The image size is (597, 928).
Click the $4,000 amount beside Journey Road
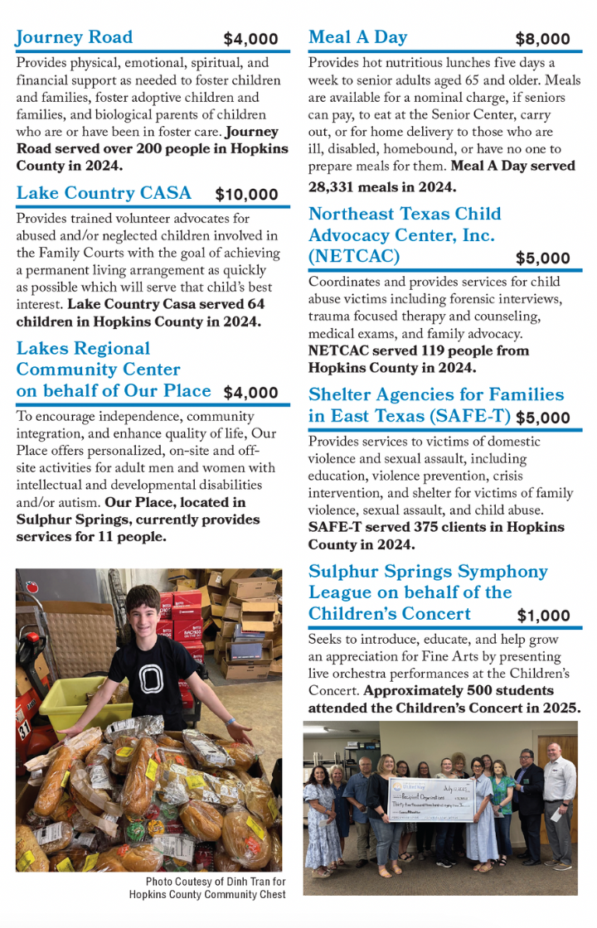(250, 39)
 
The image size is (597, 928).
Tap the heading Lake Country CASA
(104, 193)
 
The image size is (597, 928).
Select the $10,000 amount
(246, 196)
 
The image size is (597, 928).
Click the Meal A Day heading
(357, 37)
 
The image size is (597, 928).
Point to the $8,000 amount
(542, 39)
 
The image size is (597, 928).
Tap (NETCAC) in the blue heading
(354, 256)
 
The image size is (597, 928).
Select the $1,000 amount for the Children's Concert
(543, 616)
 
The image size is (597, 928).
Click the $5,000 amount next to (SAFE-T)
(542, 418)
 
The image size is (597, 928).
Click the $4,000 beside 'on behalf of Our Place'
(250, 393)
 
